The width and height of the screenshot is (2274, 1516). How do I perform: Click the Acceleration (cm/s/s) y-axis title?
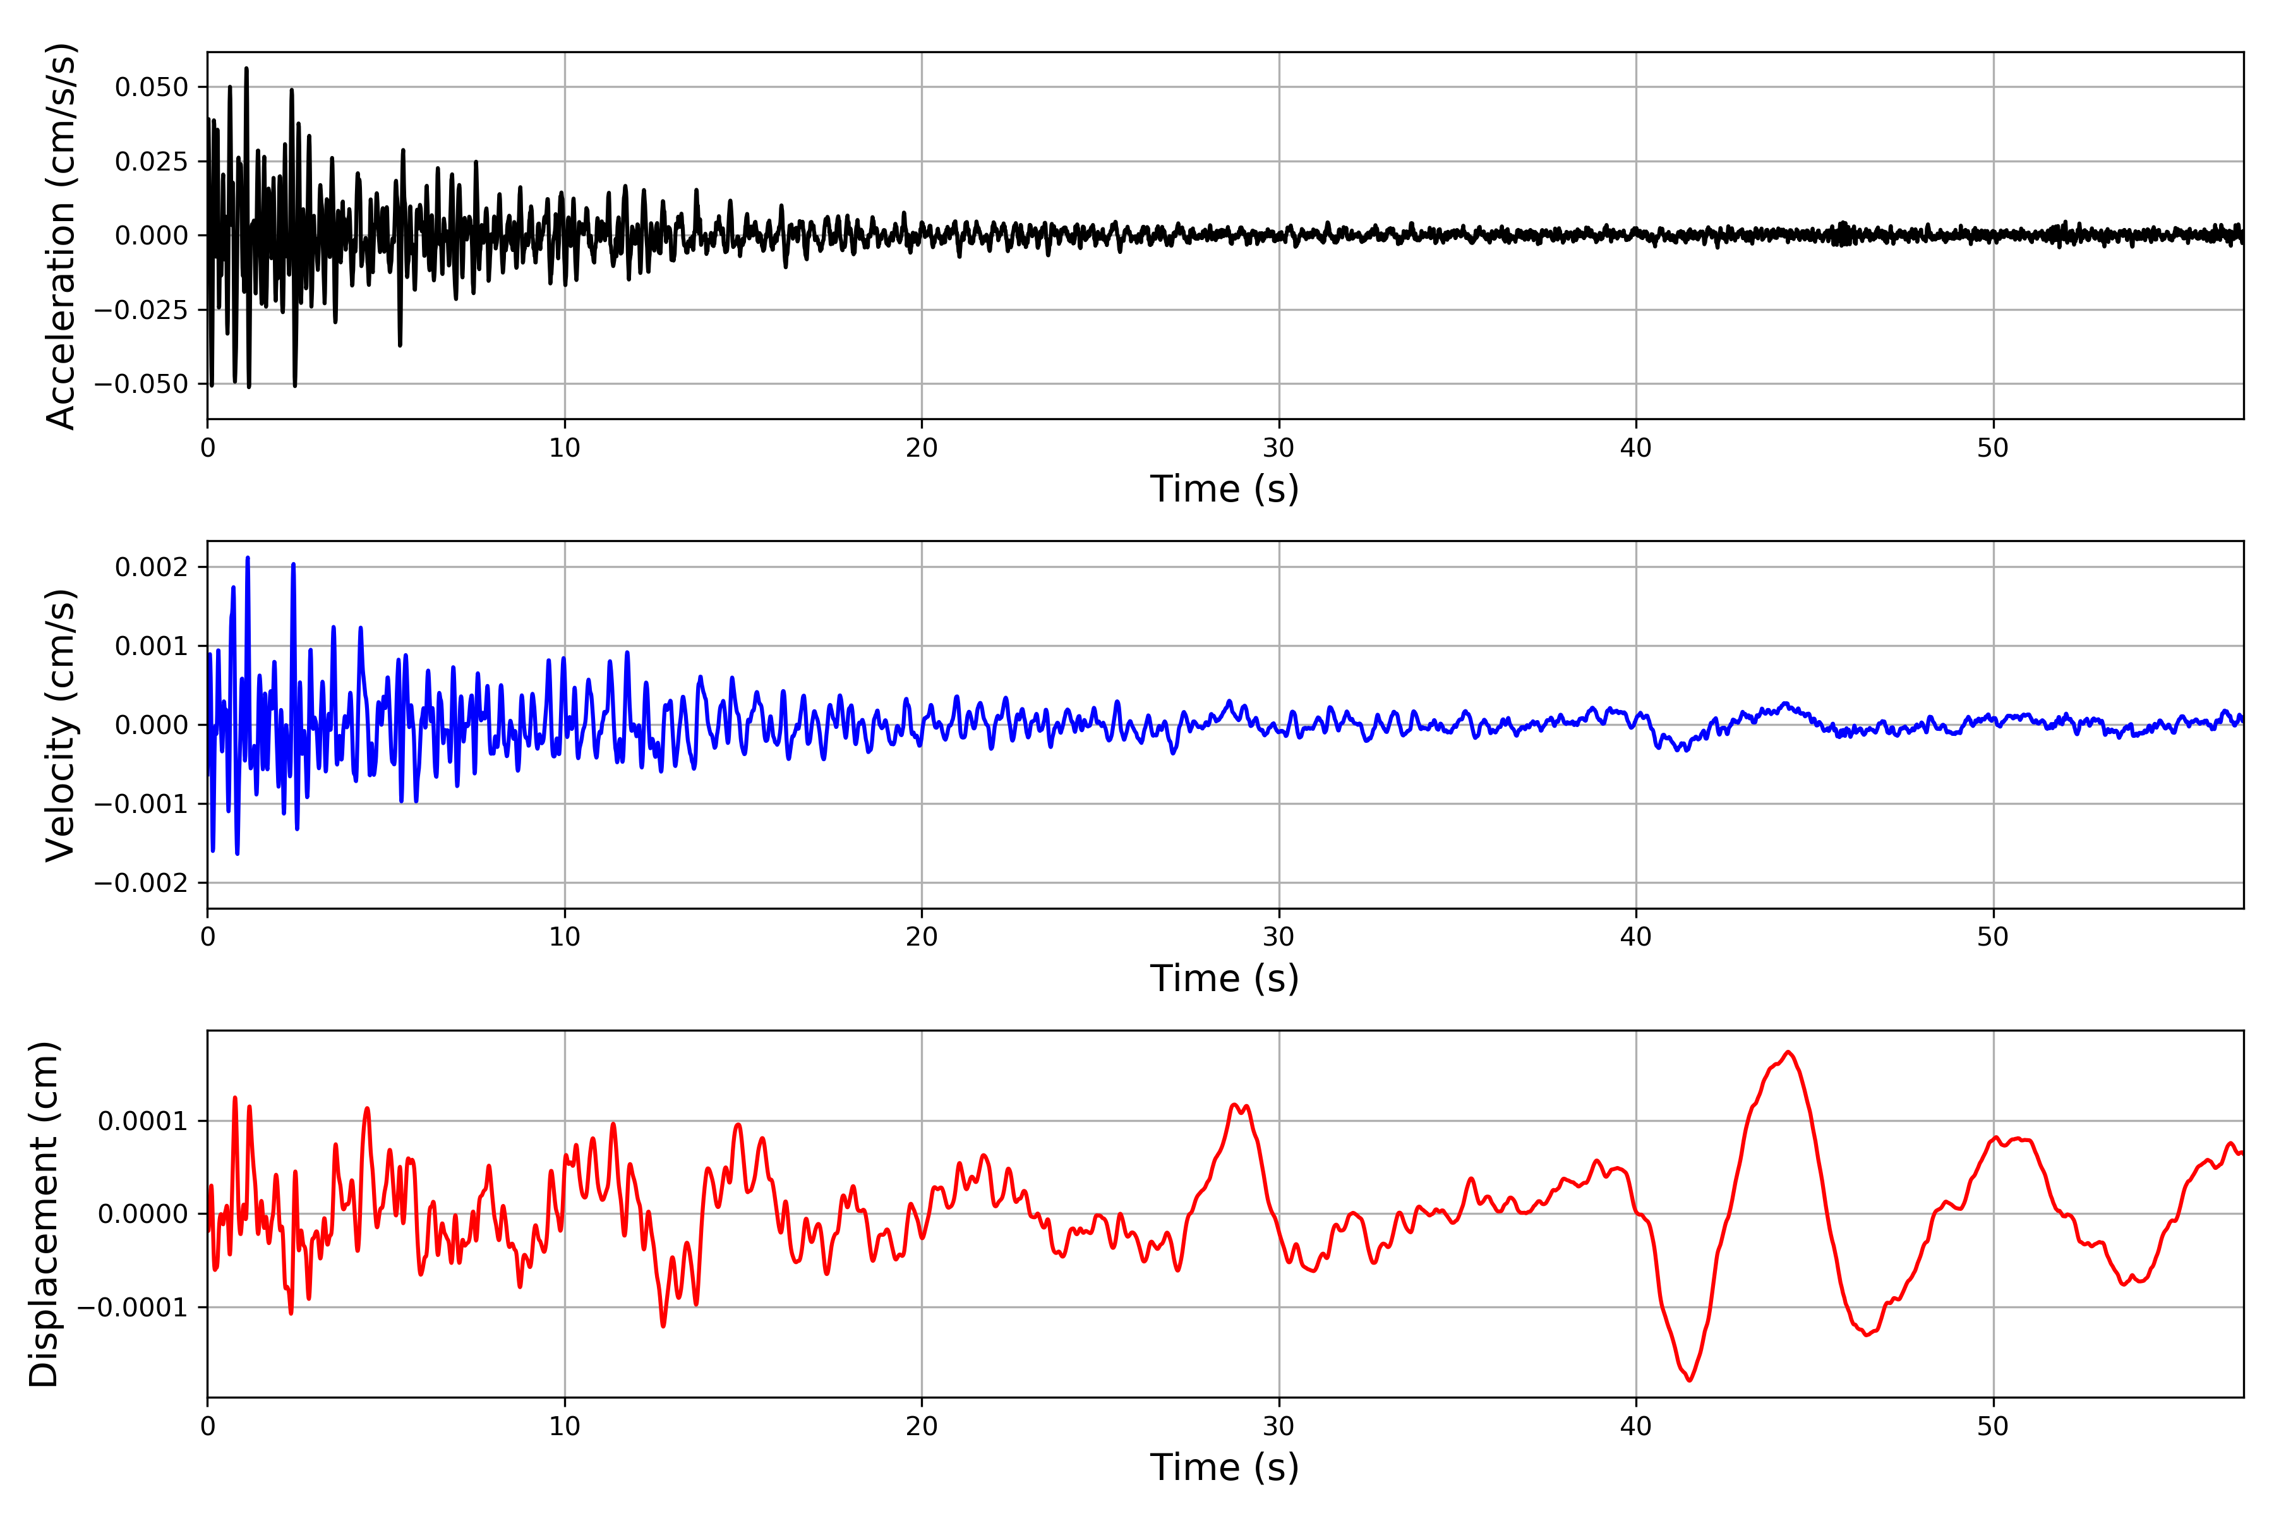pos(60,236)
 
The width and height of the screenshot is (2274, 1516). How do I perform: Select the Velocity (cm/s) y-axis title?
pos(60,725)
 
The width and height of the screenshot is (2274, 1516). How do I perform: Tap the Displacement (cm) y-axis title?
pos(44,1214)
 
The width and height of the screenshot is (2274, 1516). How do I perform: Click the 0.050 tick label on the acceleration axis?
pos(151,87)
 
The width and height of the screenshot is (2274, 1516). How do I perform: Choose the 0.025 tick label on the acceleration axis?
pos(151,162)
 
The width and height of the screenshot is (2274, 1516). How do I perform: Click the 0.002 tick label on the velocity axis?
pos(151,567)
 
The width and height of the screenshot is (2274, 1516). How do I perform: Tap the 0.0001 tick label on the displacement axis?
pos(142,1122)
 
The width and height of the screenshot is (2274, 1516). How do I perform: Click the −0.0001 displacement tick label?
pos(133,1307)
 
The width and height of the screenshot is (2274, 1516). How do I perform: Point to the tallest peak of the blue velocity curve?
pos(248,558)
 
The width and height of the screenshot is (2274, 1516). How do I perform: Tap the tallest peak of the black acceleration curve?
pos(246,68)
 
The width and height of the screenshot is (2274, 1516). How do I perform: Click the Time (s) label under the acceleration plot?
pos(1224,489)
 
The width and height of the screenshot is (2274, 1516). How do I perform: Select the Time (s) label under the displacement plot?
pos(1224,1467)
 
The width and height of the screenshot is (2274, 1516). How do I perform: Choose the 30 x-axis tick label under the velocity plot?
pos(1278,937)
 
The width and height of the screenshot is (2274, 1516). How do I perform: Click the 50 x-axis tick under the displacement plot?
pos(1993,1426)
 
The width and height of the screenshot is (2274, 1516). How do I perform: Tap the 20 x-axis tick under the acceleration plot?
pos(922,448)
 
